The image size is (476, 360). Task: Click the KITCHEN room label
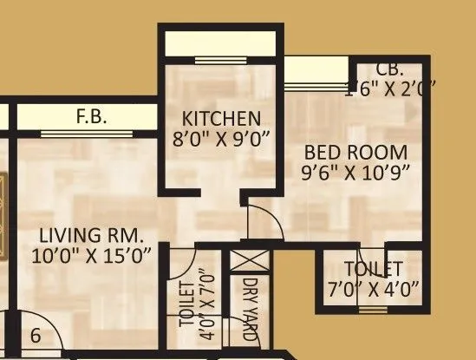(219, 118)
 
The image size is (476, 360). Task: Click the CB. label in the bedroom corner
(389, 69)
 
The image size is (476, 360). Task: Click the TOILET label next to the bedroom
(373, 268)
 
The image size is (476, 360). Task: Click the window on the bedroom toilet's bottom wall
(373, 309)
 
